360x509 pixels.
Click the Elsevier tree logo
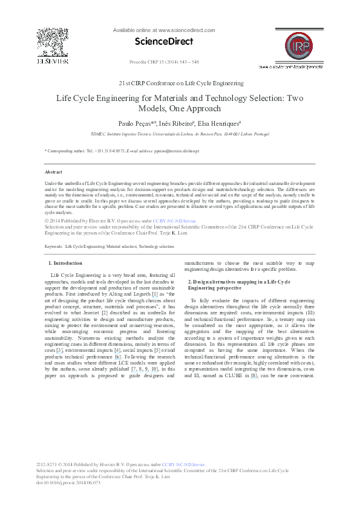coord(48,42)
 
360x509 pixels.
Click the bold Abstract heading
coord(54,172)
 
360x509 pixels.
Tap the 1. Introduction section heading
coord(65,263)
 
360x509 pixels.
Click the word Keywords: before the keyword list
coord(54,247)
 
